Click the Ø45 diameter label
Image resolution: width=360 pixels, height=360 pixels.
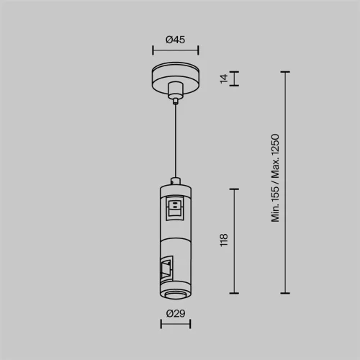(x=176, y=40)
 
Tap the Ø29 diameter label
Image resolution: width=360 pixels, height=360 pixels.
(x=176, y=313)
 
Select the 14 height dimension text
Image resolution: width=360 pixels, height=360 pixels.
(x=224, y=78)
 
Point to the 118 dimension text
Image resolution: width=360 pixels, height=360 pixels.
(x=224, y=240)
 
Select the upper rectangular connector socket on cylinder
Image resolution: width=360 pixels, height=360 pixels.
(x=175, y=210)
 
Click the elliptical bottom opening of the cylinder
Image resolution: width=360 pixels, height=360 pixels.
(x=176, y=296)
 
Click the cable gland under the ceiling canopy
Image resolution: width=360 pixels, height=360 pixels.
(x=176, y=93)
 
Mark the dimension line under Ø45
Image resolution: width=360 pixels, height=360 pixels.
(x=176, y=50)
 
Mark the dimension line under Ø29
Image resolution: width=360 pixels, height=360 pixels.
(x=176, y=323)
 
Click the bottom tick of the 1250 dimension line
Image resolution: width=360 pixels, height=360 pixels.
(x=287, y=293)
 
